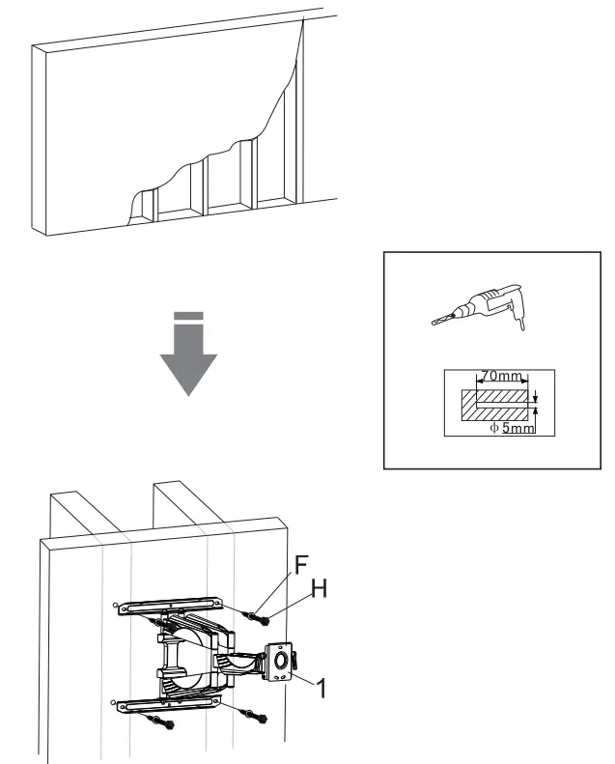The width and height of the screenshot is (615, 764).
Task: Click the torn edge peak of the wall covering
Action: coord(302,24)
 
